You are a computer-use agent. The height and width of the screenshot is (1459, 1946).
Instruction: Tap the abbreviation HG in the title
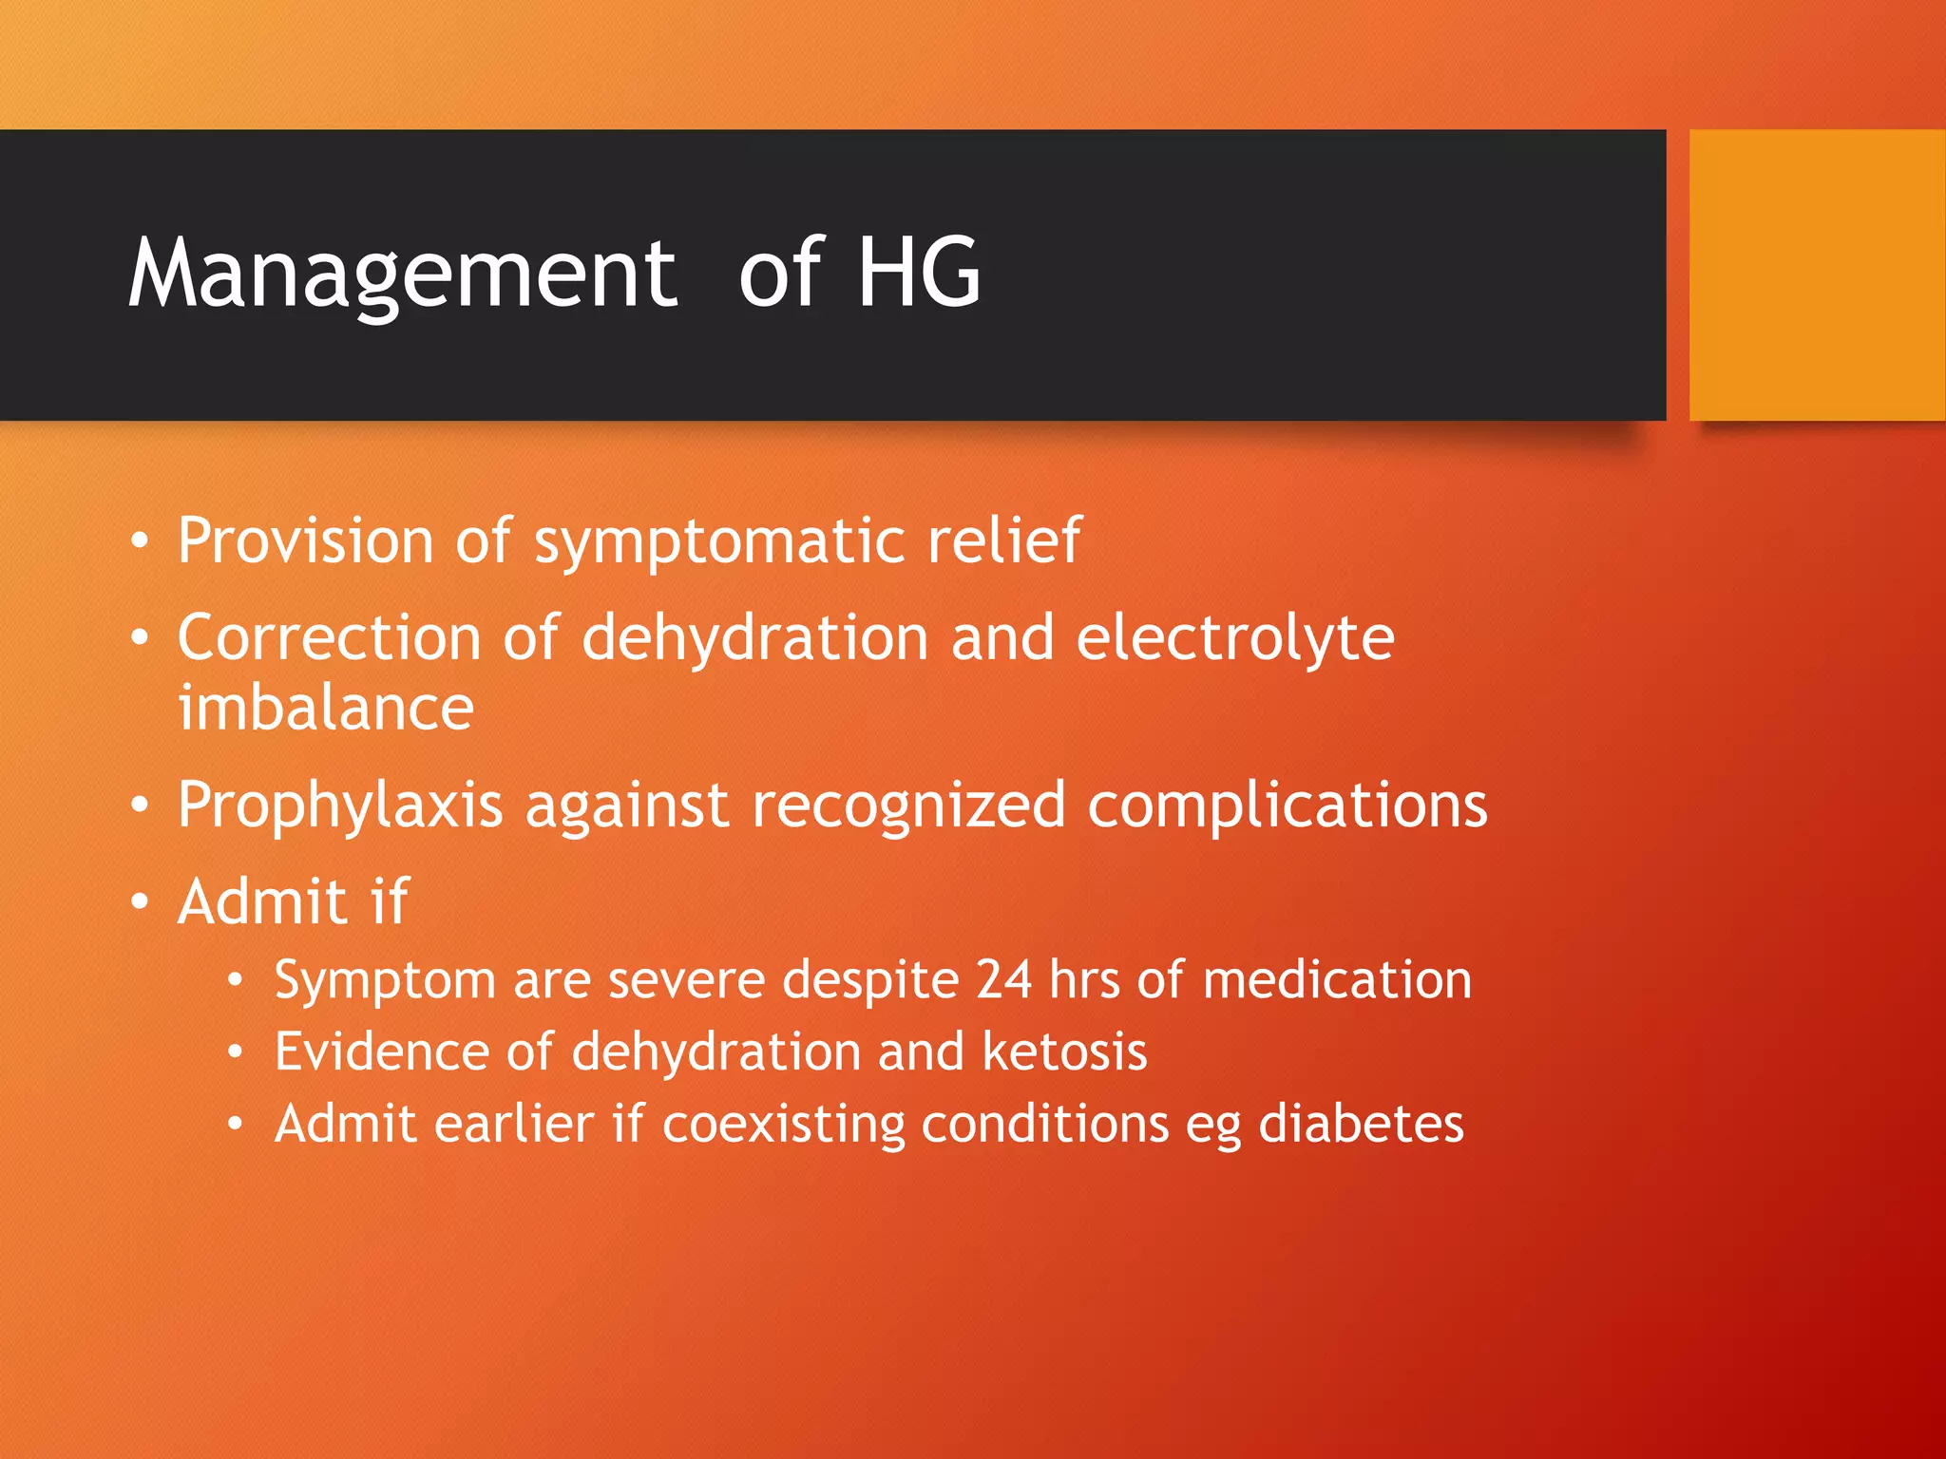pyautogui.click(x=918, y=274)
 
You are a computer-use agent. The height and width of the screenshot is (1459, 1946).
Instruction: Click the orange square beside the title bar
pyautogui.click(x=1817, y=275)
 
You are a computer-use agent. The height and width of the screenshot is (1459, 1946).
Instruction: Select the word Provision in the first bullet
pyautogui.click(x=306, y=540)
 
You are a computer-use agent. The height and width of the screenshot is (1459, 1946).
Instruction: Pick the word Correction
pyautogui.click(x=329, y=637)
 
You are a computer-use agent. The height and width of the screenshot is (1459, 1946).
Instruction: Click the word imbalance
pyautogui.click(x=326, y=708)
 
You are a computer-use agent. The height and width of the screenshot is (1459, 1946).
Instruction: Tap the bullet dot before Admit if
pyautogui.click(x=141, y=901)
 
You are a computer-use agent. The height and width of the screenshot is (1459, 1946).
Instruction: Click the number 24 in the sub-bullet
pyautogui.click(x=1003, y=979)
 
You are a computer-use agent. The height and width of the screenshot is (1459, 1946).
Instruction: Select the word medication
pyautogui.click(x=1337, y=979)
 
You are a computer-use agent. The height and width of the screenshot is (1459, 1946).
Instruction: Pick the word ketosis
pyautogui.click(x=1064, y=1052)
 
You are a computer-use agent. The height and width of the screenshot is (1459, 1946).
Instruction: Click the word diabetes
pyautogui.click(x=1361, y=1124)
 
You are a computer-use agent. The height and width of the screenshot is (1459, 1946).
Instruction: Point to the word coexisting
pyautogui.click(x=783, y=1126)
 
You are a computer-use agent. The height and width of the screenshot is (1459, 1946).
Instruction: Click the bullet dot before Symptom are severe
pyautogui.click(x=236, y=981)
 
